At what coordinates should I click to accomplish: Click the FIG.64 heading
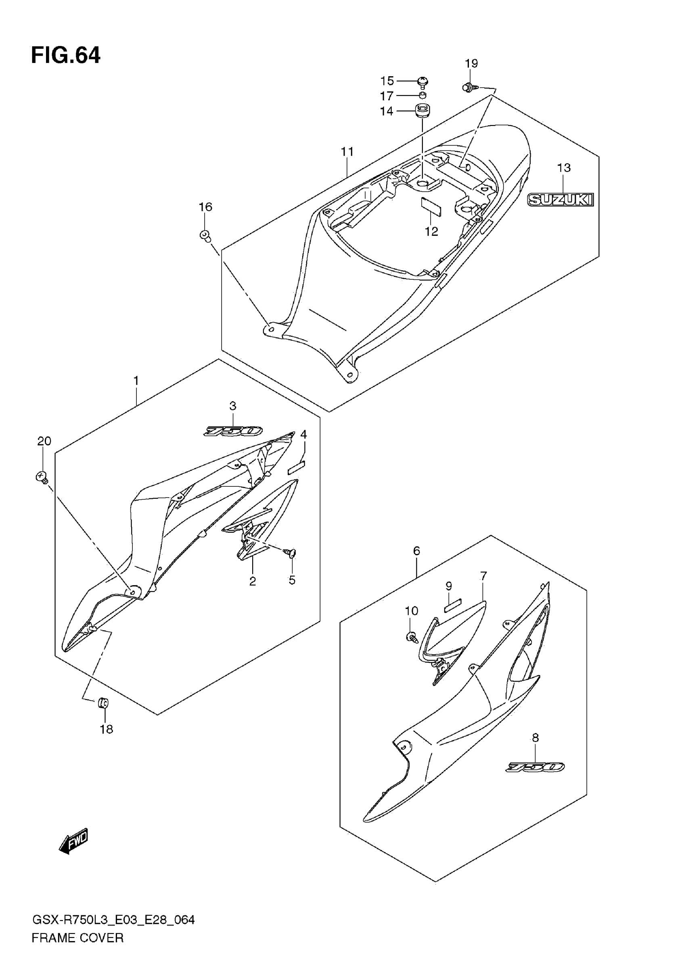[x=66, y=55]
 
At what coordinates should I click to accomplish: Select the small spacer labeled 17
[x=422, y=95]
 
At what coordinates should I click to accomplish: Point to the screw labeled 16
[x=205, y=235]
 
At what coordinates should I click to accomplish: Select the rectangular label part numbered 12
[x=431, y=206]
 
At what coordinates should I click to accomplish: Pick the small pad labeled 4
[x=296, y=467]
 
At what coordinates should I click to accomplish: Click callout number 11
[x=347, y=151]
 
